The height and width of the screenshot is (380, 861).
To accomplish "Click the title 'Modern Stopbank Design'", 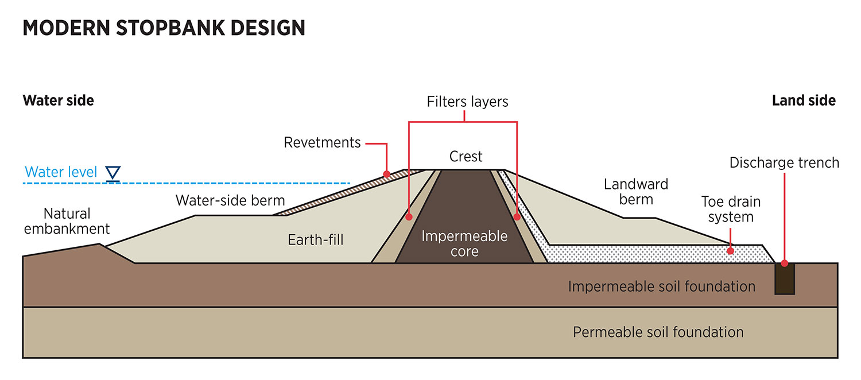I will click(x=164, y=28).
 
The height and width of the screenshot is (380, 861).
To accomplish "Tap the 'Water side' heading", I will click(x=58, y=100).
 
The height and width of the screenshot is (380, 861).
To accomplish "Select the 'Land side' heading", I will click(x=804, y=100).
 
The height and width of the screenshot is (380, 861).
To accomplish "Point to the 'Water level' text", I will click(x=61, y=172).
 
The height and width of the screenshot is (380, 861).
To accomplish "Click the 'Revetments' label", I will click(x=322, y=142).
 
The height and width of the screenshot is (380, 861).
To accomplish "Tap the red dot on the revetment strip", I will click(x=387, y=173).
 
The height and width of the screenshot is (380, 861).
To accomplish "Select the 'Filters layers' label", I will click(x=467, y=102).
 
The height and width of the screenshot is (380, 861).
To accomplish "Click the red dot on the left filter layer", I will click(x=409, y=218).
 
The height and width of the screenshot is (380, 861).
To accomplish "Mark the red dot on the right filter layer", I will click(x=517, y=218).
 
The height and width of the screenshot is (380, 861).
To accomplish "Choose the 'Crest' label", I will click(x=466, y=157).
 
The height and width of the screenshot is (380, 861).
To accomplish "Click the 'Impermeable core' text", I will click(x=464, y=243).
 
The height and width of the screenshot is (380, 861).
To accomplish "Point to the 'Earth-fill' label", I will click(x=316, y=239).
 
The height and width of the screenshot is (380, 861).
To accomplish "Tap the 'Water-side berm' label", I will click(x=230, y=200).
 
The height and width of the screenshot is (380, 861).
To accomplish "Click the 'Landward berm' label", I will click(x=636, y=192).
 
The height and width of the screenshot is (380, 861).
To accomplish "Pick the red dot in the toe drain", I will click(x=730, y=251).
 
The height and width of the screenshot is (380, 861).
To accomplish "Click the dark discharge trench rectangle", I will click(x=785, y=279).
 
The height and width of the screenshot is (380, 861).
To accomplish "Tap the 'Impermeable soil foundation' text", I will click(x=661, y=286).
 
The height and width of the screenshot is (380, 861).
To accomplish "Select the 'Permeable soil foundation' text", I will click(x=658, y=332).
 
